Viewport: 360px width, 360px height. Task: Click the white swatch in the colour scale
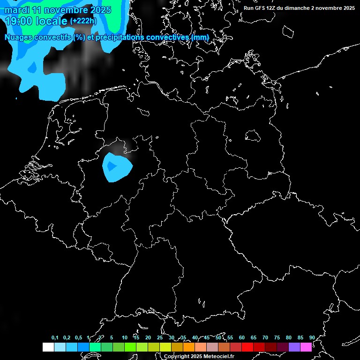click(x=48, y=347)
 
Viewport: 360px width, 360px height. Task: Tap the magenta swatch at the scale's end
click(x=306, y=347)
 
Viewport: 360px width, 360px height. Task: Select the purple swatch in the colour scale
click(x=294, y=347)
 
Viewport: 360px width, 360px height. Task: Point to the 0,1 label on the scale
click(x=55, y=338)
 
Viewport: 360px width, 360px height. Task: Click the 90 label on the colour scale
click(x=312, y=338)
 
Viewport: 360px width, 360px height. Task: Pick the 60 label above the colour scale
click(x=241, y=338)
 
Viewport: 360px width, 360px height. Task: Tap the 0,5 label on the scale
click(x=78, y=338)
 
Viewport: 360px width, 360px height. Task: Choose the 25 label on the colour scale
click(x=159, y=338)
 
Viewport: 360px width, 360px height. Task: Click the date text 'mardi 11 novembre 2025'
click(x=58, y=10)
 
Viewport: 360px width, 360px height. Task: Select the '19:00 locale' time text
click(x=36, y=21)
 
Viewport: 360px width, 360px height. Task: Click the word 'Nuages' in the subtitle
click(x=18, y=37)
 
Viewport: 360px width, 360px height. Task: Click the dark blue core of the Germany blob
click(x=112, y=166)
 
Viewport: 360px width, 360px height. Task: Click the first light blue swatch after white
click(x=60, y=347)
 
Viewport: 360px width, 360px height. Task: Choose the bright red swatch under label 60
click(x=247, y=347)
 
